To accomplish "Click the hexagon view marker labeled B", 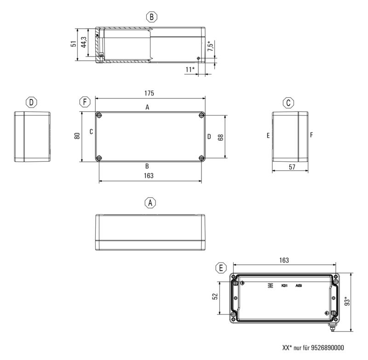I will [x=152, y=17].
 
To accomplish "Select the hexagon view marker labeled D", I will [x=31, y=102].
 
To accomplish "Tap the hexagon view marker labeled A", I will [x=150, y=202].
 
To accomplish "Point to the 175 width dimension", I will [x=149, y=93].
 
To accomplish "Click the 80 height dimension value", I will [x=77, y=136].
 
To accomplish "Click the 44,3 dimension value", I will [x=84, y=43].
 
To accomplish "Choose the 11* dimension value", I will [x=190, y=69].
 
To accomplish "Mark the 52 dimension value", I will [x=214, y=297].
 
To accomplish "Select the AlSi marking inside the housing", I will [x=299, y=286].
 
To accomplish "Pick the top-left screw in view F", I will [x=99, y=115].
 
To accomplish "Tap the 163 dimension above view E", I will [x=284, y=260].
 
